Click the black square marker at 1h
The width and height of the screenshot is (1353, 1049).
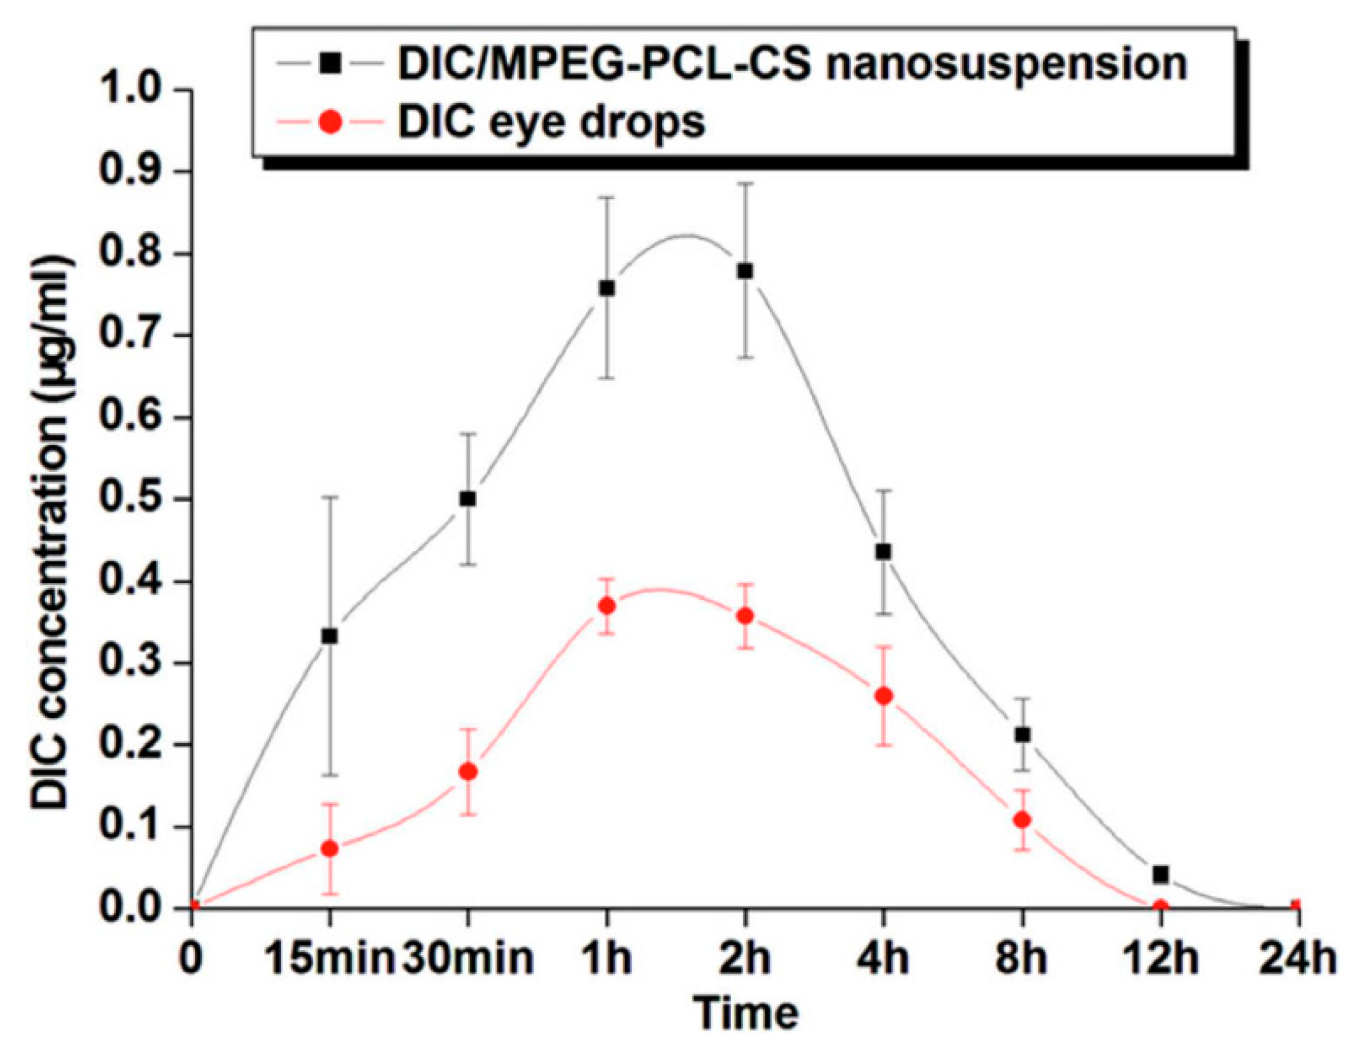607,288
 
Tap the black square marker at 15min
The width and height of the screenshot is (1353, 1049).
330,636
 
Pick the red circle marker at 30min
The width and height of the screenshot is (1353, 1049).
468,772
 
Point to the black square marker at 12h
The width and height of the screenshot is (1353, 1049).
1161,874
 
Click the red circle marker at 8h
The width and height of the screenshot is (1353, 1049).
1023,820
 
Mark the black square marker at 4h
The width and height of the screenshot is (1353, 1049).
884,552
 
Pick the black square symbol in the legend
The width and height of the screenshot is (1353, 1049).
333,62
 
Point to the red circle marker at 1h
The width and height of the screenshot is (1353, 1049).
607,606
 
